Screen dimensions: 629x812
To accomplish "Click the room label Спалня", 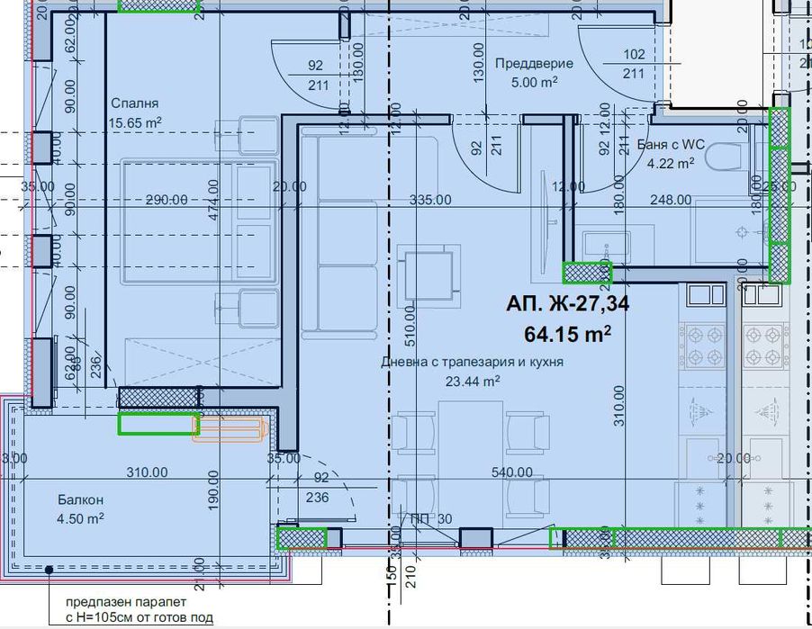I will point(128,103).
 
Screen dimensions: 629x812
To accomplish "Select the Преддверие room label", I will point(527,63).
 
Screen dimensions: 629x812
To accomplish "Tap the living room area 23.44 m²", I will point(472,380).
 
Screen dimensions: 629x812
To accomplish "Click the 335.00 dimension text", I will point(429,200).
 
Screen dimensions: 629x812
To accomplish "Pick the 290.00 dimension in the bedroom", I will point(166,200).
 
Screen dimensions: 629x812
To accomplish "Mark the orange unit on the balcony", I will point(229,431).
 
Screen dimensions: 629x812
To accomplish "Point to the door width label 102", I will point(634,54).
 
